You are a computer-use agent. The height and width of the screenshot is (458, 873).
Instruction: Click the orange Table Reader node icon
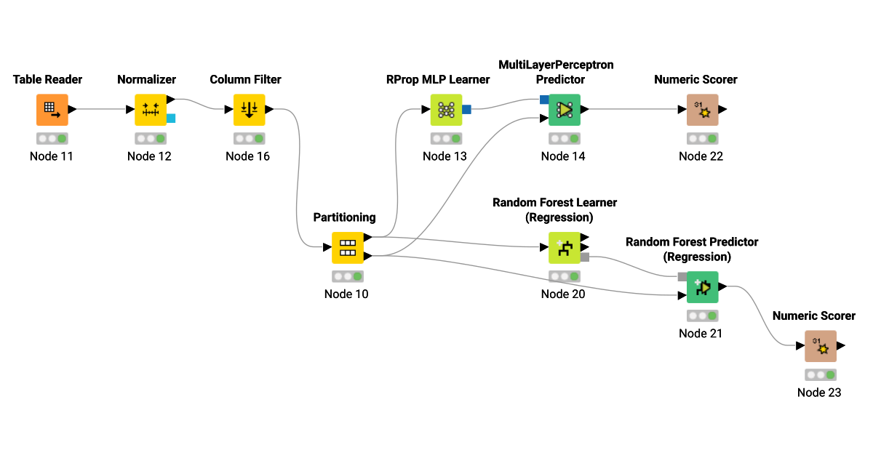[x=52, y=110]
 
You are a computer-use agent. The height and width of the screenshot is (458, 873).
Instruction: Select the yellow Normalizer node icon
[x=151, y=110]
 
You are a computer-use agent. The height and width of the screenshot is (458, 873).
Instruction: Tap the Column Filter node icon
[x=249, y=110]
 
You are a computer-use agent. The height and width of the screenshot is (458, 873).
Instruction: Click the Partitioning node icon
[x=348, y=248]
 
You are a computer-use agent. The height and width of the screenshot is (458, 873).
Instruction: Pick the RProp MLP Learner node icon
[x=446, y=110]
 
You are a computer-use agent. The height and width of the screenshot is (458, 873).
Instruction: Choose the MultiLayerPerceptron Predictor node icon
[x=564, y=110]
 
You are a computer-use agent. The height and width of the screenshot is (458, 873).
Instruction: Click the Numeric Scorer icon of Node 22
[x=702, y=110]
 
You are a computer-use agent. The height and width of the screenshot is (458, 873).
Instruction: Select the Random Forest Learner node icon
[x=564, y=248]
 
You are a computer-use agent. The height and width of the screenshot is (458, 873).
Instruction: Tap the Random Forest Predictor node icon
[x=702, y=287]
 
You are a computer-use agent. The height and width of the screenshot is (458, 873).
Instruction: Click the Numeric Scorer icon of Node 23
[x=820, y=346]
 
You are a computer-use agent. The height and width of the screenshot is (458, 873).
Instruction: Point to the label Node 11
[x=52, y=156]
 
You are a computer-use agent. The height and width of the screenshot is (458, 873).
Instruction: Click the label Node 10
[x=346, y=294]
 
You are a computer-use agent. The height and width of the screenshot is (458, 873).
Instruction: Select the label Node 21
[x=701, y=333]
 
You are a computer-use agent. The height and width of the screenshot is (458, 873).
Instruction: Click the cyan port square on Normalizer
[x=171, y=118]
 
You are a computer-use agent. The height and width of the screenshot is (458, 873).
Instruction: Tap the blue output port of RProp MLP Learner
[x=467, y=110]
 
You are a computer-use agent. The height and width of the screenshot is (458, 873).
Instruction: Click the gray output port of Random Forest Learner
[x=585, y=257]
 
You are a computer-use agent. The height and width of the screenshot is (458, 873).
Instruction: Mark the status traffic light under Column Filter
[x=249, y=138]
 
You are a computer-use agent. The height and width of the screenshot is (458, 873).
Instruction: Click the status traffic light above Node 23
[x=820, y=375]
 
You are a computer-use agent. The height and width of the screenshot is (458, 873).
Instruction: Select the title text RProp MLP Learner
[x=438, y=79]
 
